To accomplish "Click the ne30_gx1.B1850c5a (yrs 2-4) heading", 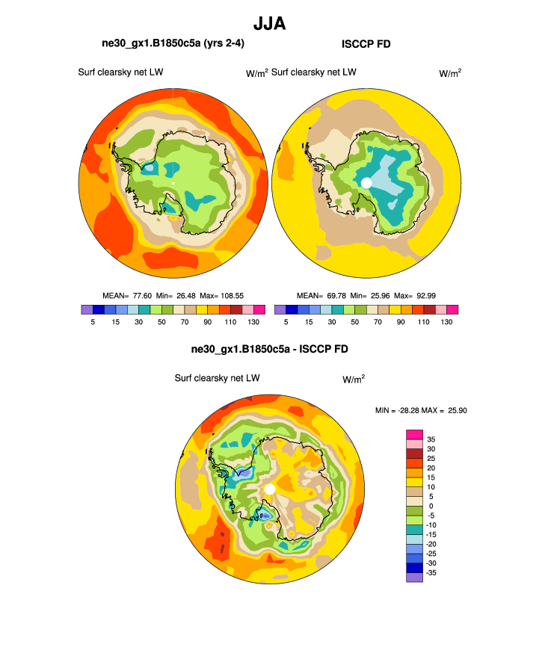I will [x=173, y=45].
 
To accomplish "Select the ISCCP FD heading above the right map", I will [x=366, y=45].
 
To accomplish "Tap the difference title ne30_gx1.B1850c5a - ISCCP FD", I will [x=270, y=349].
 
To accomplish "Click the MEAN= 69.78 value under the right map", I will [x=318, y=295].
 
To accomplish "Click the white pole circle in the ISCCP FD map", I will [x=366, y=183].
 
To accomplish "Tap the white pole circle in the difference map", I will [x=270, y=489].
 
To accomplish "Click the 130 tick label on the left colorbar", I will [x=253, y=321].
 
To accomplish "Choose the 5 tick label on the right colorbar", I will [x=286, y=321].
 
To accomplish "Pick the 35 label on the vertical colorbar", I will [x=431, y=439].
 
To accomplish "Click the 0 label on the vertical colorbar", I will [x=429, y=506].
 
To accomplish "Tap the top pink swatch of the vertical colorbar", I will [x=415, y=434].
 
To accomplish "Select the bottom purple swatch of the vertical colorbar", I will [x=415, y=577].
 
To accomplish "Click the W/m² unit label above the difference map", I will [x=354, y=380].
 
